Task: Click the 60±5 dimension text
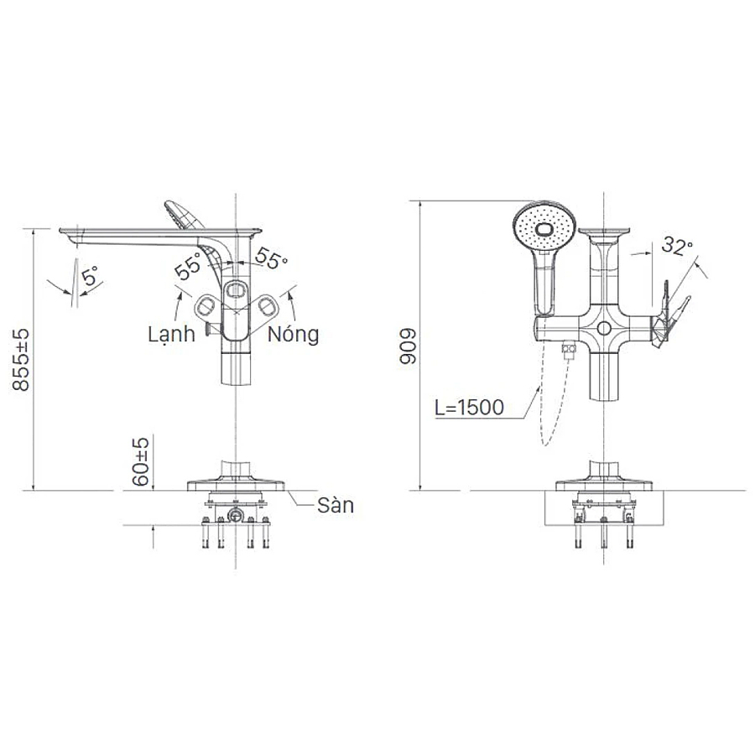(143, 461)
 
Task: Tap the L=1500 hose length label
(469, 408)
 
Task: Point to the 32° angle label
(677, 246)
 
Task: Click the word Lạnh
(171, 334)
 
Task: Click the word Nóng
(294, 334)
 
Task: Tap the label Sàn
(336, 506)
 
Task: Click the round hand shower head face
(544, 224)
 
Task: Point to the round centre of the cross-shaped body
(604, 325)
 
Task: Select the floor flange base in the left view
(237, 481)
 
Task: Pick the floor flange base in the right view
(604, 482)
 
